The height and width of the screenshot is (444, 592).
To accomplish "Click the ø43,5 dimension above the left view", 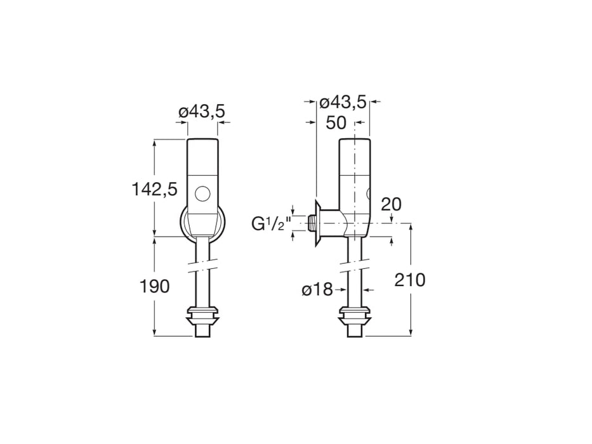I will [x=202, y=112].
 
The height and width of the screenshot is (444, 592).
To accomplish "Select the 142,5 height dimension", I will [x=154, y=188].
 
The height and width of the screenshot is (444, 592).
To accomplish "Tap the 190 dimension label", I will [x=155, y=286].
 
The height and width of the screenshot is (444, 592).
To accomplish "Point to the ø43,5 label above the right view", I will [x=343, y=101].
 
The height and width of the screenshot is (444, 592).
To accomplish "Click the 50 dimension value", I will [x=336, y=123].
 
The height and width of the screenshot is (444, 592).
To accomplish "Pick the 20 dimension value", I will [x=391, y=204].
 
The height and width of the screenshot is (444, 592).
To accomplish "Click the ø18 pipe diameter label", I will [x=317, y=290].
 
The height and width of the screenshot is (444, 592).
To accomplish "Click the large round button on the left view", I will [x=203, y=193].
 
